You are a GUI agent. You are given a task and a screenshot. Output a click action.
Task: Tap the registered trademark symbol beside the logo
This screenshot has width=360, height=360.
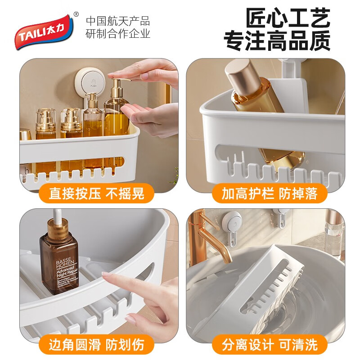point(76,13)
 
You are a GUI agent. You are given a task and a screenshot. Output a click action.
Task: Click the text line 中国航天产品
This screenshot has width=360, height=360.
point(118,21)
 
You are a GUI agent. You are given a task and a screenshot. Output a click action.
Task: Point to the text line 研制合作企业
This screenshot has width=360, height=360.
point(118,34)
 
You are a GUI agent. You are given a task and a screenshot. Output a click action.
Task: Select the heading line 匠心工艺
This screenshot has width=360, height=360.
point(288,19)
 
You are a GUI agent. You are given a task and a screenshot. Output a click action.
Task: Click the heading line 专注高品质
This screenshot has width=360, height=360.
point(277,40)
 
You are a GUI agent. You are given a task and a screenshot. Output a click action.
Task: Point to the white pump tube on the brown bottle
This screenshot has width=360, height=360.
point(56,215)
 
